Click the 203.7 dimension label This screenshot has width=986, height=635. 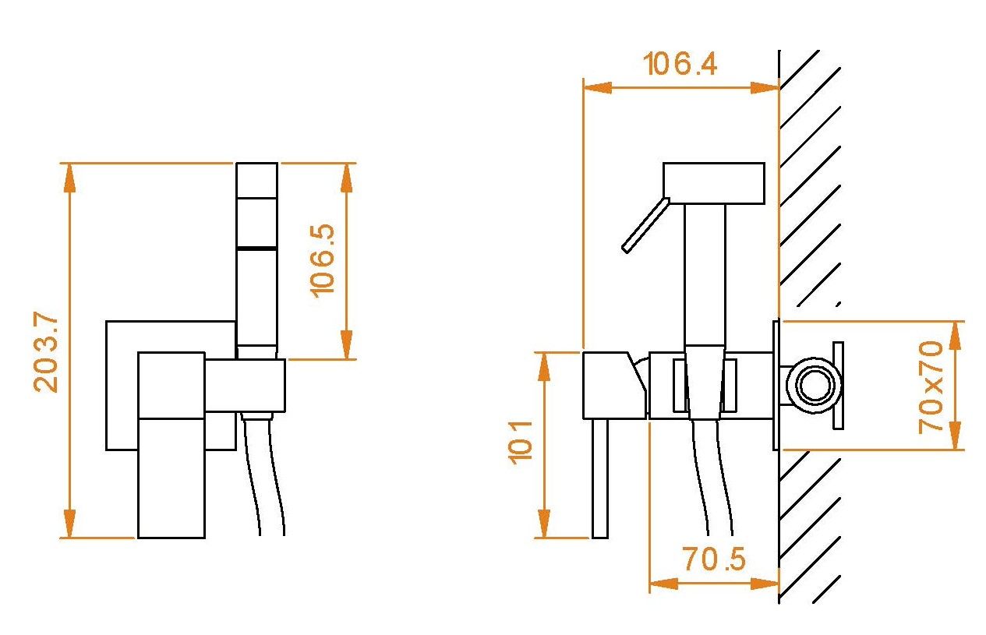coord(45,351)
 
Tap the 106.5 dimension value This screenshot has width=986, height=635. coord(322,261)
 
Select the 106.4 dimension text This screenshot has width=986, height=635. coord(680,64)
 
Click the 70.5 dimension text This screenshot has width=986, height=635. coord(714,559)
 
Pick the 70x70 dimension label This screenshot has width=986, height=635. coord(931,387)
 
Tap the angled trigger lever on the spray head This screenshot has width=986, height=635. coord(645,225)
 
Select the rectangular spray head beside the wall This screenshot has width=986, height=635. coord(713,184)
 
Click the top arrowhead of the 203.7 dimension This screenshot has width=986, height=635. coord(69,178)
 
